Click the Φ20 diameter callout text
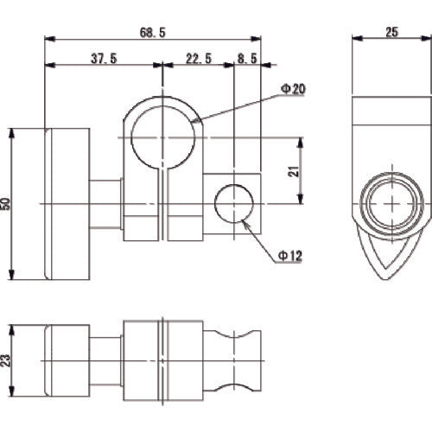tap(292, 89)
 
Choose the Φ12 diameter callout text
tap(290, 256)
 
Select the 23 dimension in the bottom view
tap(8, 359)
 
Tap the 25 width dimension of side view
tap(391, 31)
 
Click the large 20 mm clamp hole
tap(162, 137)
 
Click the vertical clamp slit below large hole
tap(162, 207)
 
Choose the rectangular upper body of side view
tap(393, 130)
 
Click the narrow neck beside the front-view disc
tap(106, 203)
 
